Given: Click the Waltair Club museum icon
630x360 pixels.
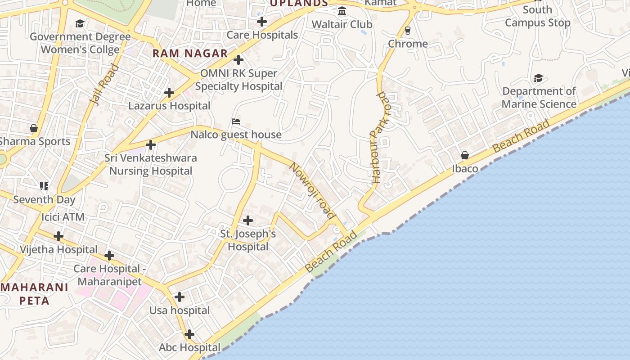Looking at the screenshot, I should pyautogui.click(x=342, y=11).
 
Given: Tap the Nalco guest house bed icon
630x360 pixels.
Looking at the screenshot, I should pyautogui.click(x=236, y=121).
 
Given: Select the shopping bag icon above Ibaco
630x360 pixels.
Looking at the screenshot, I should pyautogui.click(x=465, y=155).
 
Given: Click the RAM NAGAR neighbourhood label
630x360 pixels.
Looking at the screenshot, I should pyautogui.click(x=190, y=53).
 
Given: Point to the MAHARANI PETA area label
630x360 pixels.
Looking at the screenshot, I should pyautogui.click(x=35, y=294).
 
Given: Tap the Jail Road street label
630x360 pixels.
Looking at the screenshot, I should pyautogui.click(x=103, y=85).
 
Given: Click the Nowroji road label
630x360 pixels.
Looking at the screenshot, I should pyautogui.click(x=312, y=191).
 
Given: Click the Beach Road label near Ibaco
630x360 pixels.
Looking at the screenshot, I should pyautogui.click(x=521, y=135).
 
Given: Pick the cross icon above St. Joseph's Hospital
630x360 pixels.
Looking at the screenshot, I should pyautogui.click(x=247, y=220).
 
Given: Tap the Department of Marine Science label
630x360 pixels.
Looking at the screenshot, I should pyautogui.click(x=539, y=98).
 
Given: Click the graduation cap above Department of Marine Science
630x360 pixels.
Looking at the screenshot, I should pyautogui.click(x=538, y=78).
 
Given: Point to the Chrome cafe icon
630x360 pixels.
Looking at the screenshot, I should pyautogui.click(x=408, y=30).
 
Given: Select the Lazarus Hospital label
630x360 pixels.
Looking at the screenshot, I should pyautogui.click(x=169, y=106).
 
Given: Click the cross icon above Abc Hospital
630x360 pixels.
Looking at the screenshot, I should pyautogui.click(x=189, y=334).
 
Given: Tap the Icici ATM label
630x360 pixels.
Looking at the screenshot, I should pyautogui.click(x=63, y=217).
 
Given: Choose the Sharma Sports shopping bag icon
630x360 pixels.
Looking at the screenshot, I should pyautogui.click(x=34, y=128).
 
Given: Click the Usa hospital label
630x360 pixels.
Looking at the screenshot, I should pyautogui.click(x=180, y=310).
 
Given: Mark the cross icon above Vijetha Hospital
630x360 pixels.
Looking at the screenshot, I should pyautogui.click(x=58, y=236).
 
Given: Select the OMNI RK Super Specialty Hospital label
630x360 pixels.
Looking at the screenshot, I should pyautogui.click(x=238, y=80).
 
